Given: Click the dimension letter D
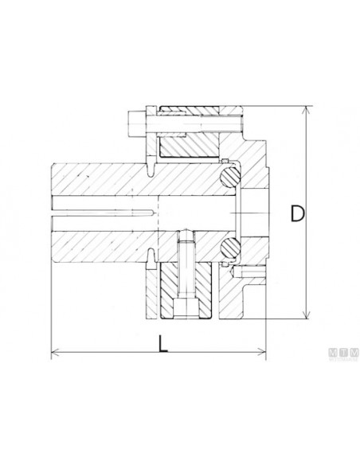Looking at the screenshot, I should tap(296, 213).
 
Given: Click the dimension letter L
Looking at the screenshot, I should tap(162, 343).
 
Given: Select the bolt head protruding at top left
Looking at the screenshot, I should tap(134, 123).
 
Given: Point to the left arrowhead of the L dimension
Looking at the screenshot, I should tap(56, 354).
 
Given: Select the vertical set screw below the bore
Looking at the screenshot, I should tap(184, 271).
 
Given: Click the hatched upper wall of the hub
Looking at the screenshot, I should tap(104, 179).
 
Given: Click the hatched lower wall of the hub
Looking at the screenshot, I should tap(104, 247).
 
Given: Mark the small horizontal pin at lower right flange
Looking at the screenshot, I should tap(253, 275).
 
